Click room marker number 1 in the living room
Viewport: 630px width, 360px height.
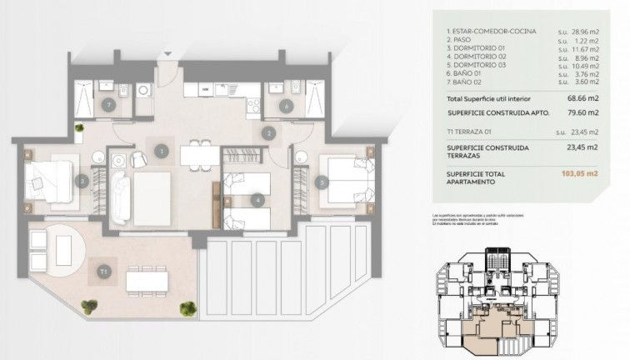click(x=162, y=151)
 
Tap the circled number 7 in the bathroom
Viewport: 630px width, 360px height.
click(x=109, y=105)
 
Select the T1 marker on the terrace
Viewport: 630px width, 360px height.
click(x=103, y=271)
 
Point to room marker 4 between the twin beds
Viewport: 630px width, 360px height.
click(x=259, y=200)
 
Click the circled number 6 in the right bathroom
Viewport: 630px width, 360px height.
click(x=286, y=105)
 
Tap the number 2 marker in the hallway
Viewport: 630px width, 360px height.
click(x=269, y=132)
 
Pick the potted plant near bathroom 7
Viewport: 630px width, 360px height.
click(x=79, y=128)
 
